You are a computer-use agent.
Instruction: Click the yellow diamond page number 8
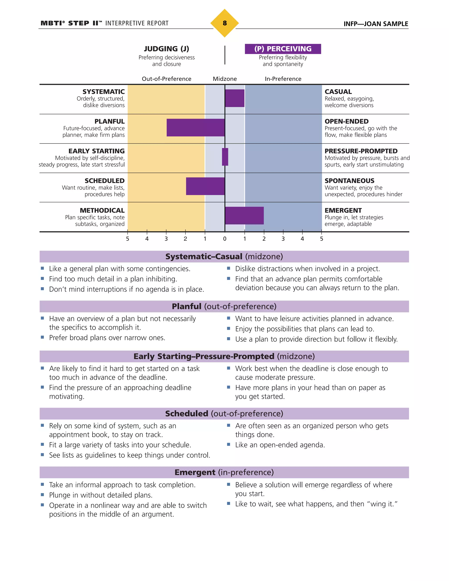pyautogui.click(x=224, y=23)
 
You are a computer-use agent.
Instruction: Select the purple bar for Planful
pyautogui.click(x=196, y=128)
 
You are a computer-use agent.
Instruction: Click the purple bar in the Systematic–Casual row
pyautogui.click(x=235, y=98)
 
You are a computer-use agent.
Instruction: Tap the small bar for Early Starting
pyautogui.click(x=225, y=157)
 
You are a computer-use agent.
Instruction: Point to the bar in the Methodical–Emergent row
pyautogui.click(x=244, y=216)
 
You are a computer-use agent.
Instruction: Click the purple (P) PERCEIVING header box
pyautogui.click(x=283, y=49)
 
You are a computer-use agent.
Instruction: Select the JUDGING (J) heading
pyautogui.click(x=167, y=49)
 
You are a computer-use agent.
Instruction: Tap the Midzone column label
pyautogui.click(x=225, y=79)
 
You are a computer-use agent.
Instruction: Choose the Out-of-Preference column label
pyautogui.click(x=167, y=79)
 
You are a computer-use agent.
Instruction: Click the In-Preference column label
pyautogui.click(x=283, y=79)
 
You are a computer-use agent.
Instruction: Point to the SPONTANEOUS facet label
pyautogui.click(x=349, y=181)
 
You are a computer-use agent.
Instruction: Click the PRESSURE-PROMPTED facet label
pyautogui.click(x=361, y=151)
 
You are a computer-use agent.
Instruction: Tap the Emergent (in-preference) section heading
pyautogui.click(x=224, y=472)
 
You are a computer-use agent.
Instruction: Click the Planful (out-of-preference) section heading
pyautogui.click(x=224, y=307)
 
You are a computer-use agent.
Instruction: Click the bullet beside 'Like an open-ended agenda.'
pyautogui.click(x=228, y=444)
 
